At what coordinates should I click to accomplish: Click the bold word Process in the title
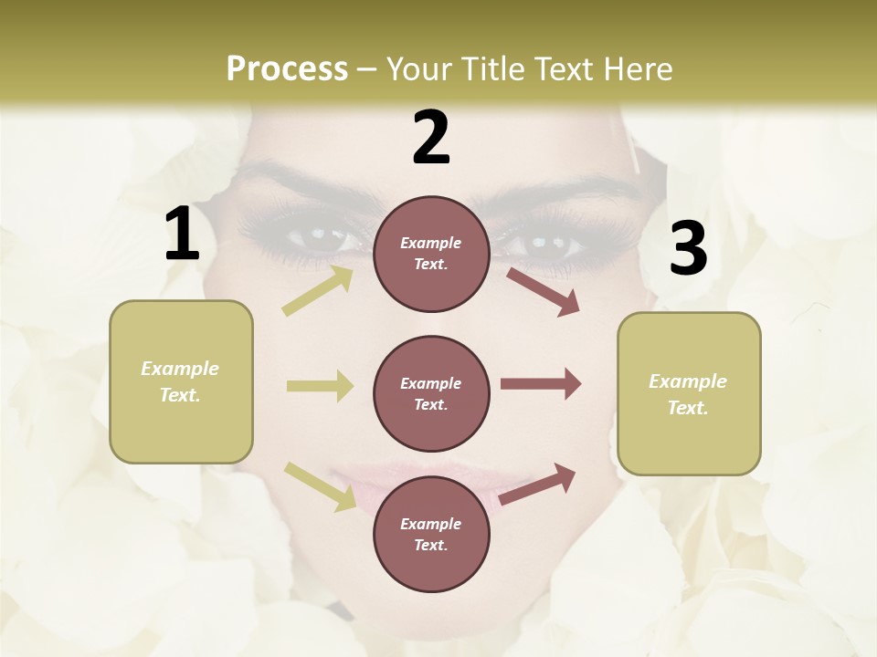click(287, 69)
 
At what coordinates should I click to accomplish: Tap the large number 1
click(182, 235)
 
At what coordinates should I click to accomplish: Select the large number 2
click(431, 138)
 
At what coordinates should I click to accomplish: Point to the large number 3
click(689, 249)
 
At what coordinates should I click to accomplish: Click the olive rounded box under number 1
click(181, 381)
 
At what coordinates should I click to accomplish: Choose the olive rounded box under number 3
click(689, 393)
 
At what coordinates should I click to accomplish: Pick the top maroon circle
click(431, 254)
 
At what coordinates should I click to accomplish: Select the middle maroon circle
click(431, 393)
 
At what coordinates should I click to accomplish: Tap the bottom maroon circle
click(431, 534)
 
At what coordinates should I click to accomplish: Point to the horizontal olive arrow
click(320, 386)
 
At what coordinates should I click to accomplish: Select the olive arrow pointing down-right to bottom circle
click(320, 486)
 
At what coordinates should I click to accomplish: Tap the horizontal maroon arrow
click(541, 384)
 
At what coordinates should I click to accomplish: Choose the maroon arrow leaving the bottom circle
click(538, 484)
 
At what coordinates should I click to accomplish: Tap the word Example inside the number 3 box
click(688, 381)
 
